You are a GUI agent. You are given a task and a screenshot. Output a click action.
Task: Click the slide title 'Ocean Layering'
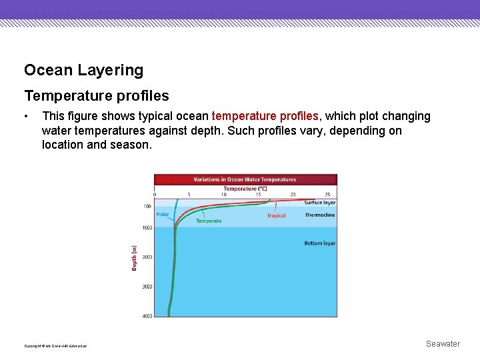[83, 70]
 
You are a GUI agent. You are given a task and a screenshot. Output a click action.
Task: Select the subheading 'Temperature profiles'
[96, 96]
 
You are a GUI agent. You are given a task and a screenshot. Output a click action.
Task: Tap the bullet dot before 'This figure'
[25, 117]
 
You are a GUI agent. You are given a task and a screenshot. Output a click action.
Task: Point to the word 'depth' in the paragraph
[204, 131]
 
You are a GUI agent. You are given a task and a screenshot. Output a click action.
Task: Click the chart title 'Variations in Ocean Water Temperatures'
[245, 179]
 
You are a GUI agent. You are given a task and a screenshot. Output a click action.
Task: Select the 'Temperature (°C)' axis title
[245, 188]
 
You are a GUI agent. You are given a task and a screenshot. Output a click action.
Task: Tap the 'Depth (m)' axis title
[134, 257]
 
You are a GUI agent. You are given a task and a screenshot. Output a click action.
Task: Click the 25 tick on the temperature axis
[327, 195]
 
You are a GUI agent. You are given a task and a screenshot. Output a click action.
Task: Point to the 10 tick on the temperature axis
[223, 195]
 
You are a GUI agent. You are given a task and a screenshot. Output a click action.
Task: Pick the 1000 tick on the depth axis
[147, 228]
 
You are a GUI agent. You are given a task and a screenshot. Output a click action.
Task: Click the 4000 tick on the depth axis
[147, 315]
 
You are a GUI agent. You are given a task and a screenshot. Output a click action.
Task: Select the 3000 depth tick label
[147, 287]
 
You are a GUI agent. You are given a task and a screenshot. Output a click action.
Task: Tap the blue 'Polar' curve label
[163, 215]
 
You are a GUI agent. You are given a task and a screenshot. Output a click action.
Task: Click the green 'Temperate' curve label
[209, 221]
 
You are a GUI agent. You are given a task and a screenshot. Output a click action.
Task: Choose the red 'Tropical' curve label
[276, 215]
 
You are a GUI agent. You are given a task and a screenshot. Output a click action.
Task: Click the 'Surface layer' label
[319, 203]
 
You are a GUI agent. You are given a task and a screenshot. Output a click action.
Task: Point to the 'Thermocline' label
[319, 215]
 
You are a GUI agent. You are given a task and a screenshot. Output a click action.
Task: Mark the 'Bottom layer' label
[319, 243]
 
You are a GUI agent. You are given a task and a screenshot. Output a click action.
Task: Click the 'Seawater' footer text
[443, 344]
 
